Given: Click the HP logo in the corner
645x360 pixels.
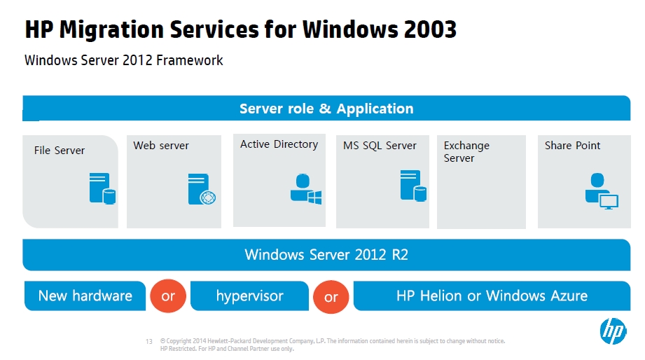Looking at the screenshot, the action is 613,331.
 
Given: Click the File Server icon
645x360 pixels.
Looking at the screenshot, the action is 102,188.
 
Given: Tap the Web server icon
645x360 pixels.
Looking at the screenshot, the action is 202,189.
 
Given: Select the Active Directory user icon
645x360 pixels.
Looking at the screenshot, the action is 305,189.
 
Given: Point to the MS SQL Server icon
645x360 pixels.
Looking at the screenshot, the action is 413,186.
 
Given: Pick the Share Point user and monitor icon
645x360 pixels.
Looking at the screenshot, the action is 602,191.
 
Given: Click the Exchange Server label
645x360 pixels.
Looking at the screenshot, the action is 466,152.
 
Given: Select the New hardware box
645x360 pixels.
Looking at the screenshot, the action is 85,296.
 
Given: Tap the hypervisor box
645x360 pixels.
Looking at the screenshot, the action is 250,296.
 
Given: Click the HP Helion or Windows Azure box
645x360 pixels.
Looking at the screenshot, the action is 492,296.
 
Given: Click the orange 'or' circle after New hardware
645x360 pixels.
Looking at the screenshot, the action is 168,296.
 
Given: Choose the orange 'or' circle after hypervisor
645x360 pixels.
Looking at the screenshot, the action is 331,297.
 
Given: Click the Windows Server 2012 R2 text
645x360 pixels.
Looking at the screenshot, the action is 326,255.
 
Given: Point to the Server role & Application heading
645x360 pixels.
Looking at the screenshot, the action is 326,109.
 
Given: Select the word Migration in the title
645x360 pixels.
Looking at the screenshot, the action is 111,30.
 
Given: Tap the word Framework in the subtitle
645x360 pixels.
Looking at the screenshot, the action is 190,60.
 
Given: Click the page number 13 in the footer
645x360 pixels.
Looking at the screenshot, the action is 149,342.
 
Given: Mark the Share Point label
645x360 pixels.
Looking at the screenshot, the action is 572,146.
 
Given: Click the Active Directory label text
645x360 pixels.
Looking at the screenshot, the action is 279,144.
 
